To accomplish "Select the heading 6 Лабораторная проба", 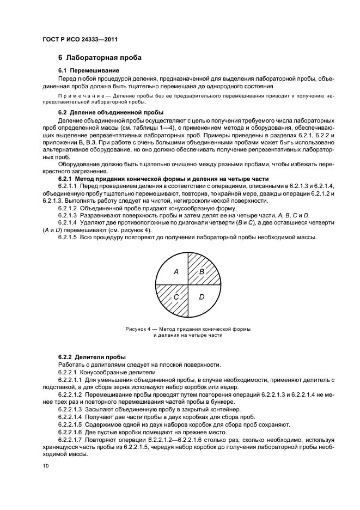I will (x=100, y=58).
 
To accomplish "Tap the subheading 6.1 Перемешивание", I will (x=89, y=71).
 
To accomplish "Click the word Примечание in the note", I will (x=79, y=95).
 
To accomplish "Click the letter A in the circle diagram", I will (x=176, y=271).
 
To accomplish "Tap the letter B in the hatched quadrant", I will (x=202, y=271).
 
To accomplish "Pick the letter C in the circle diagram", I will (x=176, y=297).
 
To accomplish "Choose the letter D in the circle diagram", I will (x=202, y=297).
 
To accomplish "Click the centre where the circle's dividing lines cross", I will (x=188, y=284).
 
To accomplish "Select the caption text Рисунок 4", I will (x=138, y=329).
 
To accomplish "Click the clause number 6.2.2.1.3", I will (x=72, y=409).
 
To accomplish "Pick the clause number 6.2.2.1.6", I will (x=72, y=430).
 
